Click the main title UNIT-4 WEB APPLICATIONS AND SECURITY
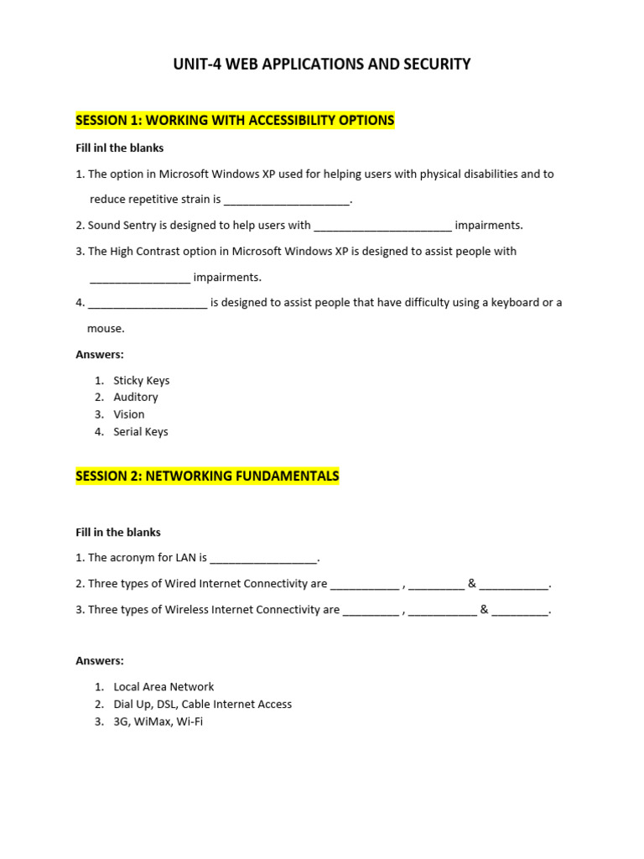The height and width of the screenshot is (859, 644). pyautogui.click(x=322, y=64)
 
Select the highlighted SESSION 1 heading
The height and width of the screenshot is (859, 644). pyautogui.click(x=235, y=120)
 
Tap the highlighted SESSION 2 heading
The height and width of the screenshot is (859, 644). pyautogui.click(x=207, y=476)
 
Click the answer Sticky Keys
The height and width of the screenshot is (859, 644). pyautogui.click(x=142, y=380)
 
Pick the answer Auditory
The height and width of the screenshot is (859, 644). pyautogui.click(x=136, y=397)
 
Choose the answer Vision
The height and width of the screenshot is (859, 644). pyautogui.click(x=129, y=414)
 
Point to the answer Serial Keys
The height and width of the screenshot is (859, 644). pyautogui.click(x=141, y=431)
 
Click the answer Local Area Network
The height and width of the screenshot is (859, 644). pyautogui.click(x=164, y=686)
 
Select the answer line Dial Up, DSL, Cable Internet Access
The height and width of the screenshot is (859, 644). pyautogui.click(x=203, y=704)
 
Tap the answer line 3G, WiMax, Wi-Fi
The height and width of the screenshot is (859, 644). pyautogui.click(x=158, y=721)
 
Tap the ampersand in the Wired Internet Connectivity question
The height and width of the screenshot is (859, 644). pyautogui.click(x=472, y=583)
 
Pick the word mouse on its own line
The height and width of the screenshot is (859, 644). pyautogui.click(x=106, y=328)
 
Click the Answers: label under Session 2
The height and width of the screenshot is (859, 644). pyautogui.click(x=100, y=660)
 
